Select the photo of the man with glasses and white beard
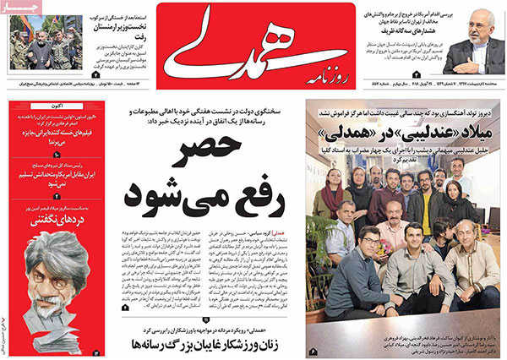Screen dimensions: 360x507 pos(474,40)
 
